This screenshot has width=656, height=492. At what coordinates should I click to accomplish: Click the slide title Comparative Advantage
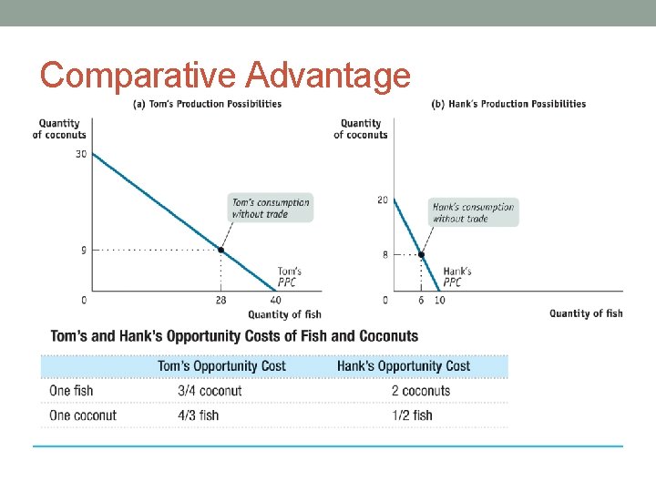click(x=225, y=75)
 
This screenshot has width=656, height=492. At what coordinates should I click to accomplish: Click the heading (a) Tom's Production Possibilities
click(x=208, y=104)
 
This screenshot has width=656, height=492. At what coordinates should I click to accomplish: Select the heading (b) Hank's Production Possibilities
click(x=508, y=104)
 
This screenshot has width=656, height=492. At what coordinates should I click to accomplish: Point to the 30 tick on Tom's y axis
click(x=81, y=154)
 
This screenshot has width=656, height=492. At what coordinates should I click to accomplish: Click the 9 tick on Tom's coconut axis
click(x=84, y=250)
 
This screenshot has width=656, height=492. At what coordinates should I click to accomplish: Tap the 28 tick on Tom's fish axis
click(x=220, y=300)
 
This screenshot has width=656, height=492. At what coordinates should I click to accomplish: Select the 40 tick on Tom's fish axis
click(x=276, y=300)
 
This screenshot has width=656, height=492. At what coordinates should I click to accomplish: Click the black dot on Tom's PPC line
click(x=220, y=250)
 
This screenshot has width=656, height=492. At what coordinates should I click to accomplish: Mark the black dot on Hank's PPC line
click(x=421, y=254)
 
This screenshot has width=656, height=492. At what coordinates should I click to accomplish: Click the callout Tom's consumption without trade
click(x=271, y=208)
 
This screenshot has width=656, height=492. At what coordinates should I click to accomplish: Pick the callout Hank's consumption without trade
click(x=473, y=212)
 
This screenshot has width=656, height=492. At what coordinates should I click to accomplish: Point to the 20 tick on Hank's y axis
click(x=383, y=200)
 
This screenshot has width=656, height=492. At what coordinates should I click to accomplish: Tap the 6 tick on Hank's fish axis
click(x=421, y=300)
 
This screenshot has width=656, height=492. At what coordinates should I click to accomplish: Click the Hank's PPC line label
click(x=456, y=276)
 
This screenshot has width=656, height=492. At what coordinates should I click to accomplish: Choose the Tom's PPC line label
click(x=289, y=276)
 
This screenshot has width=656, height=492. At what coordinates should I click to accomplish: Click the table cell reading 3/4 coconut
click(x=210, y=391)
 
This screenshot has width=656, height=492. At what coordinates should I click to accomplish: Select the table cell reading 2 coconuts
click(x=420, y=391)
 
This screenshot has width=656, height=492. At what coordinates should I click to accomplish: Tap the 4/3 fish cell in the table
click(x=199, y=415)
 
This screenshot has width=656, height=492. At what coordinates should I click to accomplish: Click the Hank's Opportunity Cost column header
click(x=404, y=366)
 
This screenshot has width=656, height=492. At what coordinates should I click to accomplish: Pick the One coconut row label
click(x=83, y=415)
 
